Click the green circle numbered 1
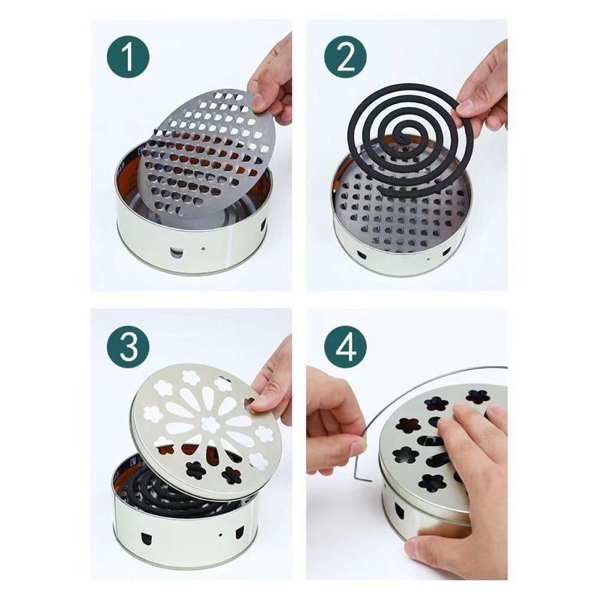click(128, 58)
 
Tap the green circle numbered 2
click(345, 58)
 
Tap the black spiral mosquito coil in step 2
click(410, 141)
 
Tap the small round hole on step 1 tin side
click(203, 249)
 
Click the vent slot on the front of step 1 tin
click(176, 252)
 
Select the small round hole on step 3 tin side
click(221, 534)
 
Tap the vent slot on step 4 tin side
click(399, 511)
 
